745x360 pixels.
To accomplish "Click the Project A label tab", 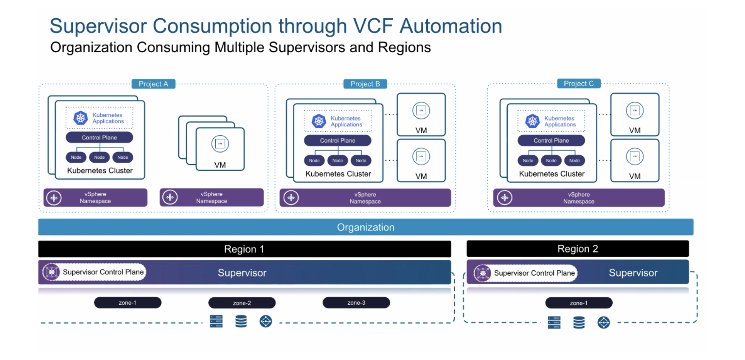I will (153, 84).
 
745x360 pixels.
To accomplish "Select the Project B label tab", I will (365, 84).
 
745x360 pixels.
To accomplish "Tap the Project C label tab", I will (578, 83).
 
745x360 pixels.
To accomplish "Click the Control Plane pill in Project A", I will (99, 138).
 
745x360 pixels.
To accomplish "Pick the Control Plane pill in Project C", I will (551, 140).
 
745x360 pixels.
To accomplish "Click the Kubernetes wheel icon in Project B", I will (319, 121).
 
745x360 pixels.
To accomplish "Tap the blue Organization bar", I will (366, 227).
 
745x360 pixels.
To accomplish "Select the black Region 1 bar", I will (244, 249).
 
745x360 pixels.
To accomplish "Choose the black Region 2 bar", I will (578, 249).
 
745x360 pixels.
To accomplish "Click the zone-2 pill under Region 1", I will (242, 303).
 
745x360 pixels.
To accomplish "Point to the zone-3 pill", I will (356, 303).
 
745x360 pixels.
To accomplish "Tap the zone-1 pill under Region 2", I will (579, 303).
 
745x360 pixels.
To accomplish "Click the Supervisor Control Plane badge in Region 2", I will (526, 273).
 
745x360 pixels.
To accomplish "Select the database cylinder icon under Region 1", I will (241, 322).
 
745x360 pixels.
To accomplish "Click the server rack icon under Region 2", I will (554, 323).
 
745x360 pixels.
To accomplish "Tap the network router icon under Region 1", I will (266, 322).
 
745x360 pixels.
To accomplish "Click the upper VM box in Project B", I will (421, 115).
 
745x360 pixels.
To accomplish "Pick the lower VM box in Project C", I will (635, 161).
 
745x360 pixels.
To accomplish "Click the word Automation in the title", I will (451, 26).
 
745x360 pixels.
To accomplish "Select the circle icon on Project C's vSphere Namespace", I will (505, 198).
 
